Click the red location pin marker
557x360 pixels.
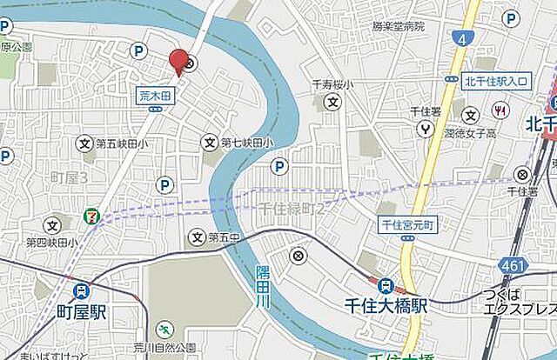pos(178,62)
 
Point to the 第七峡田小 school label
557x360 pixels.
pos(246,142)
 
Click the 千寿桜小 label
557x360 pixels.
pos(331,84)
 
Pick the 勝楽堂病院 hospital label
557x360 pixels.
pos(398,27)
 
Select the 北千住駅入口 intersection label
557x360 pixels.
pos(495,81)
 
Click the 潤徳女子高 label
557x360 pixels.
pos(470,133)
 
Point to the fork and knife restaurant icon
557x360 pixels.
pos(500,110)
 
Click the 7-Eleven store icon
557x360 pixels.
pos(91,214)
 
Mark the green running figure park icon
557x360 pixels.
pos(164,329)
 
